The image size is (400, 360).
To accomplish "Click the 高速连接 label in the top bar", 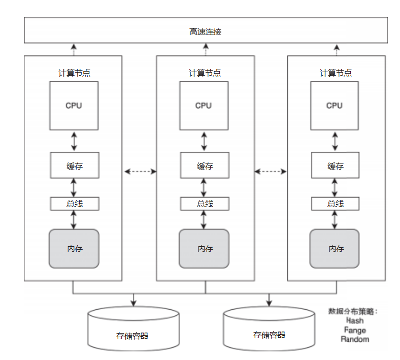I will click(x=205, y=31).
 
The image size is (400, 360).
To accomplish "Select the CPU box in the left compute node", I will click(x=74, y=106).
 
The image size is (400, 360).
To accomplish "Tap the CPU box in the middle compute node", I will click(x=204, y=106).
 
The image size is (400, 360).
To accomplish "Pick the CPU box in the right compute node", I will click(x=334, y=106).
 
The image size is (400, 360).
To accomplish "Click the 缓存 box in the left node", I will click(x=74, y=166).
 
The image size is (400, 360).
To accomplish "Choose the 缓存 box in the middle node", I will click(x=205, y=166).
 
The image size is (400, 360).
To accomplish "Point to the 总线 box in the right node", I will click(x=335, y=204).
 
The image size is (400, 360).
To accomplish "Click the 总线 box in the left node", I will click(x=74, y=204).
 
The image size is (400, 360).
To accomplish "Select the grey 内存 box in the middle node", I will click(x=204, y=249).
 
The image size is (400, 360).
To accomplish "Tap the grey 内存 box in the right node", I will click(x=335, y=249).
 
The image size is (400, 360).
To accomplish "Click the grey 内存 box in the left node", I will click(x=74, y=249).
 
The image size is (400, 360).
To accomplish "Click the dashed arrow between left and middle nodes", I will click(x=140, y=172).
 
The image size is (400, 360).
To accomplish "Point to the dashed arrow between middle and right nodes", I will click(x=271, y=172).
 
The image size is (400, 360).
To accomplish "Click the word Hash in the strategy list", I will click(x=355, y=321).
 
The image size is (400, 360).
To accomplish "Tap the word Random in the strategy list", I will click(x=355, y=339).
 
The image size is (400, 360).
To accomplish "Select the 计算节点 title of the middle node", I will click(x=205, y=73).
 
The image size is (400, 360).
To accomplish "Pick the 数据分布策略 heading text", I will click(x=354, y=311).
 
